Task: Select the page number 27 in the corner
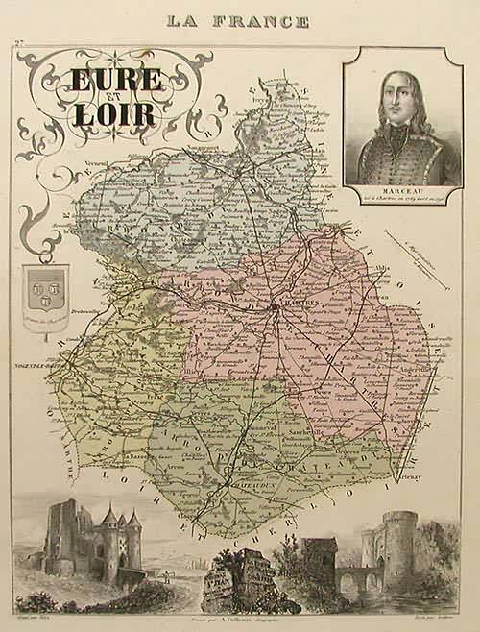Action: tap(18, 45)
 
